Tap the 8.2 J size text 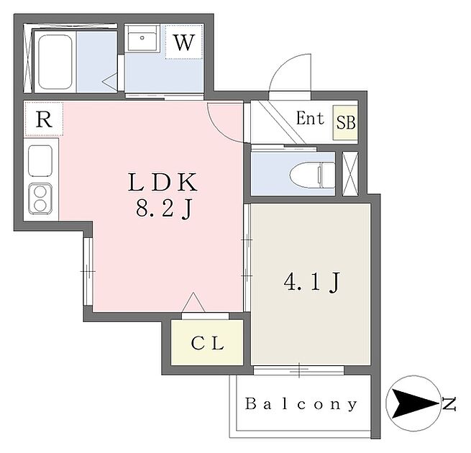(x=163, y=211)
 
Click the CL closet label (x=208, y=343)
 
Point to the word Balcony (x=301, y=404)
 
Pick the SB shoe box (x=346, y=122)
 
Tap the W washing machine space (x=184, y=42)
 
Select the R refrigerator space (x=44, y=119)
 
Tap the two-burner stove (x=40, y=198)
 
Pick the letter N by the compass (x=449, y=405)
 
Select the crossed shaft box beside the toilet (x=351, y=173)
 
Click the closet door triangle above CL (x=193, y=303)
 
